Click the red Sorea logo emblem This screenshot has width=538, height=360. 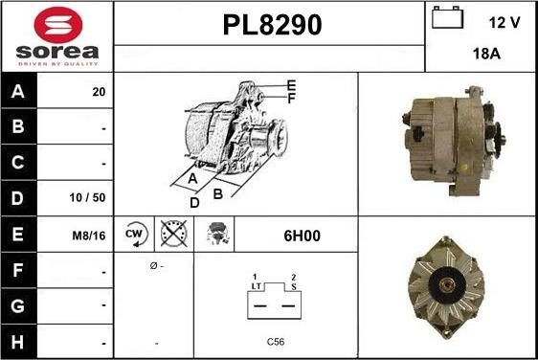pos(58,25)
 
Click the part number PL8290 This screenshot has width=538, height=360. pos(273,25)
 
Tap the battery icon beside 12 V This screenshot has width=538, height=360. pos(447,17)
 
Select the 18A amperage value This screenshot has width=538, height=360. pos(486,54)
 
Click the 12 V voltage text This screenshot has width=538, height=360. pos(504,23)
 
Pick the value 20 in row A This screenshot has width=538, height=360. pos(99,92)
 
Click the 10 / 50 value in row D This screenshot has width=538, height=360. pos(87,197)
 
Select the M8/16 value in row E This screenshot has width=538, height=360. pos(89,236)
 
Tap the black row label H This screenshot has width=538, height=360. pos(18,342)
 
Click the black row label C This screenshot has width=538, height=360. pos(18,163)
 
